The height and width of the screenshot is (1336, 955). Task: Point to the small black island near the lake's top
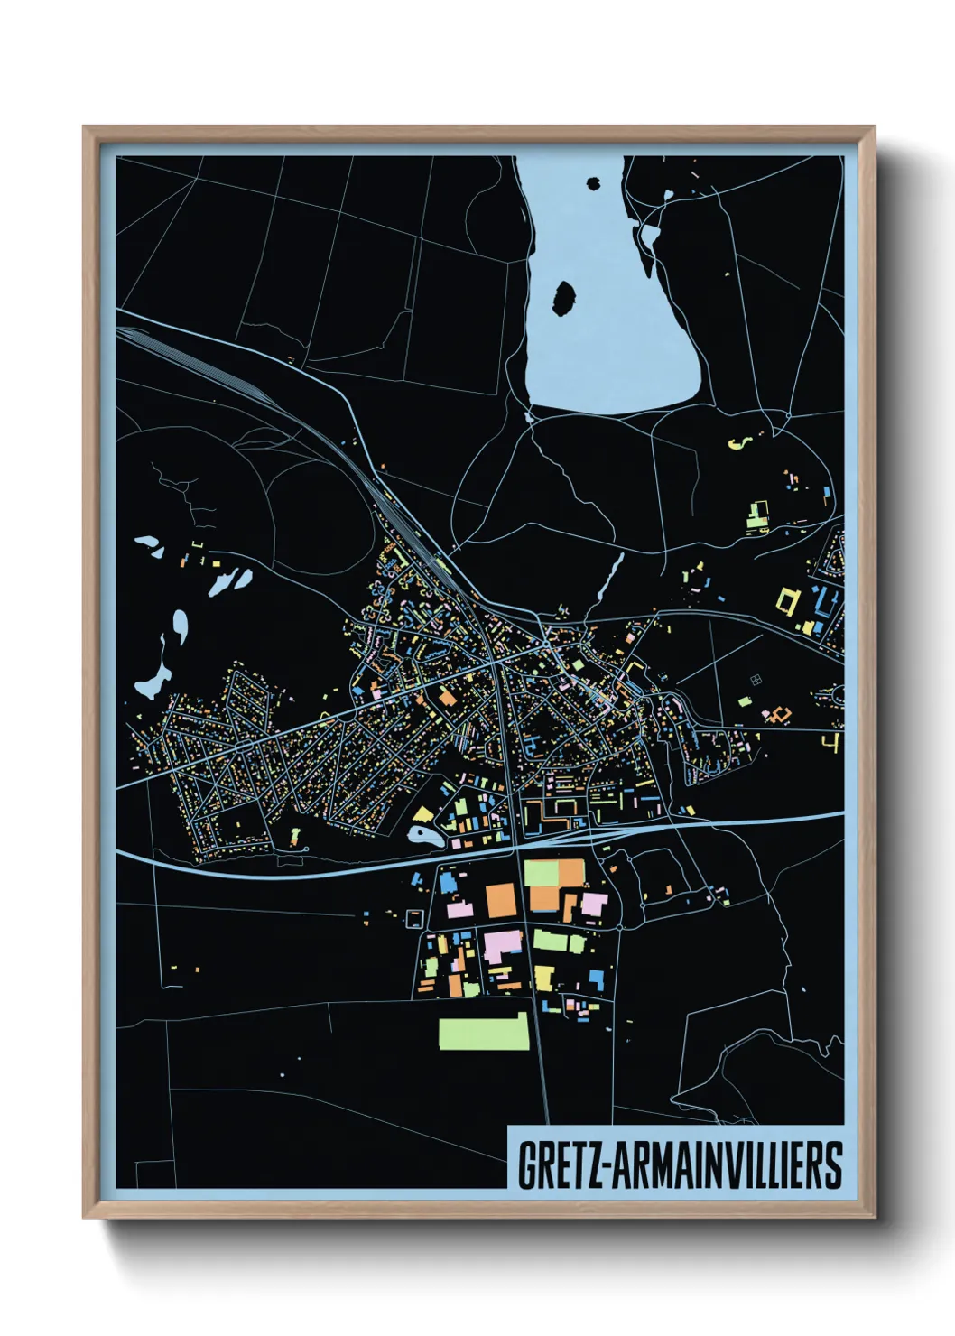click(593, 184)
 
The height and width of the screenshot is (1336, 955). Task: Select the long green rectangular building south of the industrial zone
click(483, 1032)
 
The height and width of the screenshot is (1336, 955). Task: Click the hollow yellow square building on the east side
click(788, 601)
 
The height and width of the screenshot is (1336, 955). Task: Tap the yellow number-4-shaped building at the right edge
click(832, 742)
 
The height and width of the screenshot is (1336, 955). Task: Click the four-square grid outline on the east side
click(755, 679)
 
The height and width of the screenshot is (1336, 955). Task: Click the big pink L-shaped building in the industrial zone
click(503, 945)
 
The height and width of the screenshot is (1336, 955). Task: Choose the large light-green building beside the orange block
click(542, 873)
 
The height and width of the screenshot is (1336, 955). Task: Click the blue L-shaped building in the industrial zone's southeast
click(597, 979)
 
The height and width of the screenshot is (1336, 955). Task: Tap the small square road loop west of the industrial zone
click(414, 918)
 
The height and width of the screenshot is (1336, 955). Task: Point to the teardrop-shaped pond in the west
click(180, 625)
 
